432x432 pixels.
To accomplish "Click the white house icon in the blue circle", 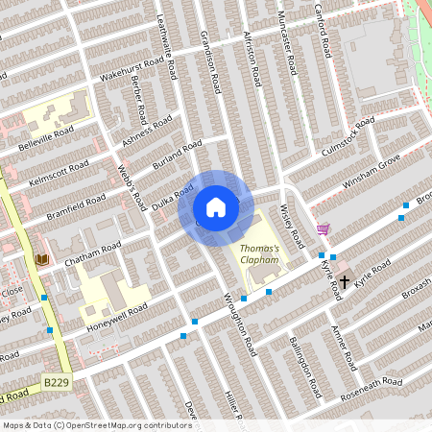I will tap(216, 207).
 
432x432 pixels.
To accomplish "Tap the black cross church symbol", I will tap(345, 282).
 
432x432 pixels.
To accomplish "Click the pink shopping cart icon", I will tap(323, 229).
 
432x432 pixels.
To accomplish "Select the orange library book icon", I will tap(41, 259).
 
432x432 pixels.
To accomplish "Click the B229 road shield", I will tap(56, 382).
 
